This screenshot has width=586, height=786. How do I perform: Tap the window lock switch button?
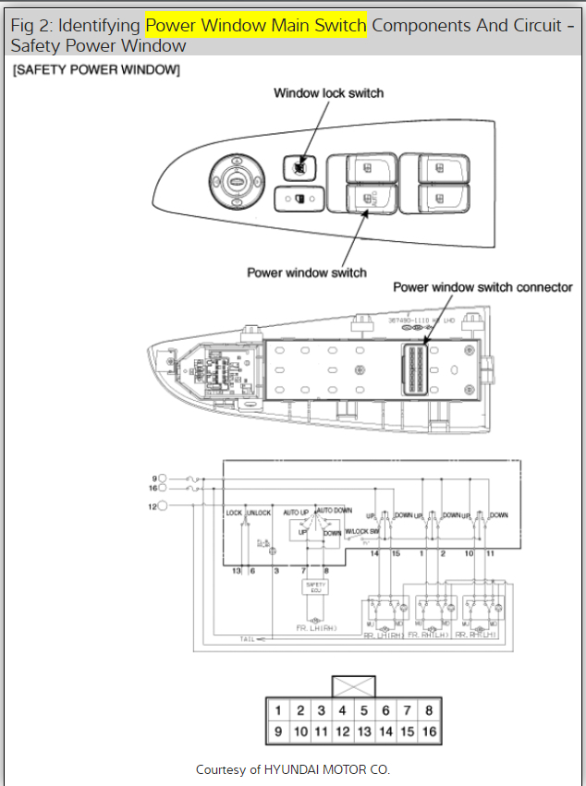coord(299,168)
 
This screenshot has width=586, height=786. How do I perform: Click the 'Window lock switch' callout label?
coord(328,93)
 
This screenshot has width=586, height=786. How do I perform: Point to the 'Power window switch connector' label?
coord(482,287)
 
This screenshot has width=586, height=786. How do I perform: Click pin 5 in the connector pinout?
coord(363,711)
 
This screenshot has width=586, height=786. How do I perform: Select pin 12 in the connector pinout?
coord(342,732)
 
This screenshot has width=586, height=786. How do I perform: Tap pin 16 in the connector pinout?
coord(428,732)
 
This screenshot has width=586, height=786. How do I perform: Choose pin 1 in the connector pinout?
coord(277,711)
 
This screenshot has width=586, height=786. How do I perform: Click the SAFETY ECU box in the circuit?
coord(314,586)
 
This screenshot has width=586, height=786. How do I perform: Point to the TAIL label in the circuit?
coord(247,638)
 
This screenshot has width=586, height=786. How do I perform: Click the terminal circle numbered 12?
coord(163,505)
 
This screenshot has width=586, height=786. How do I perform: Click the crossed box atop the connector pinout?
coord(353,687)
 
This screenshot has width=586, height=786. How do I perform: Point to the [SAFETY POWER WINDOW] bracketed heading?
coord(96,70)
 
